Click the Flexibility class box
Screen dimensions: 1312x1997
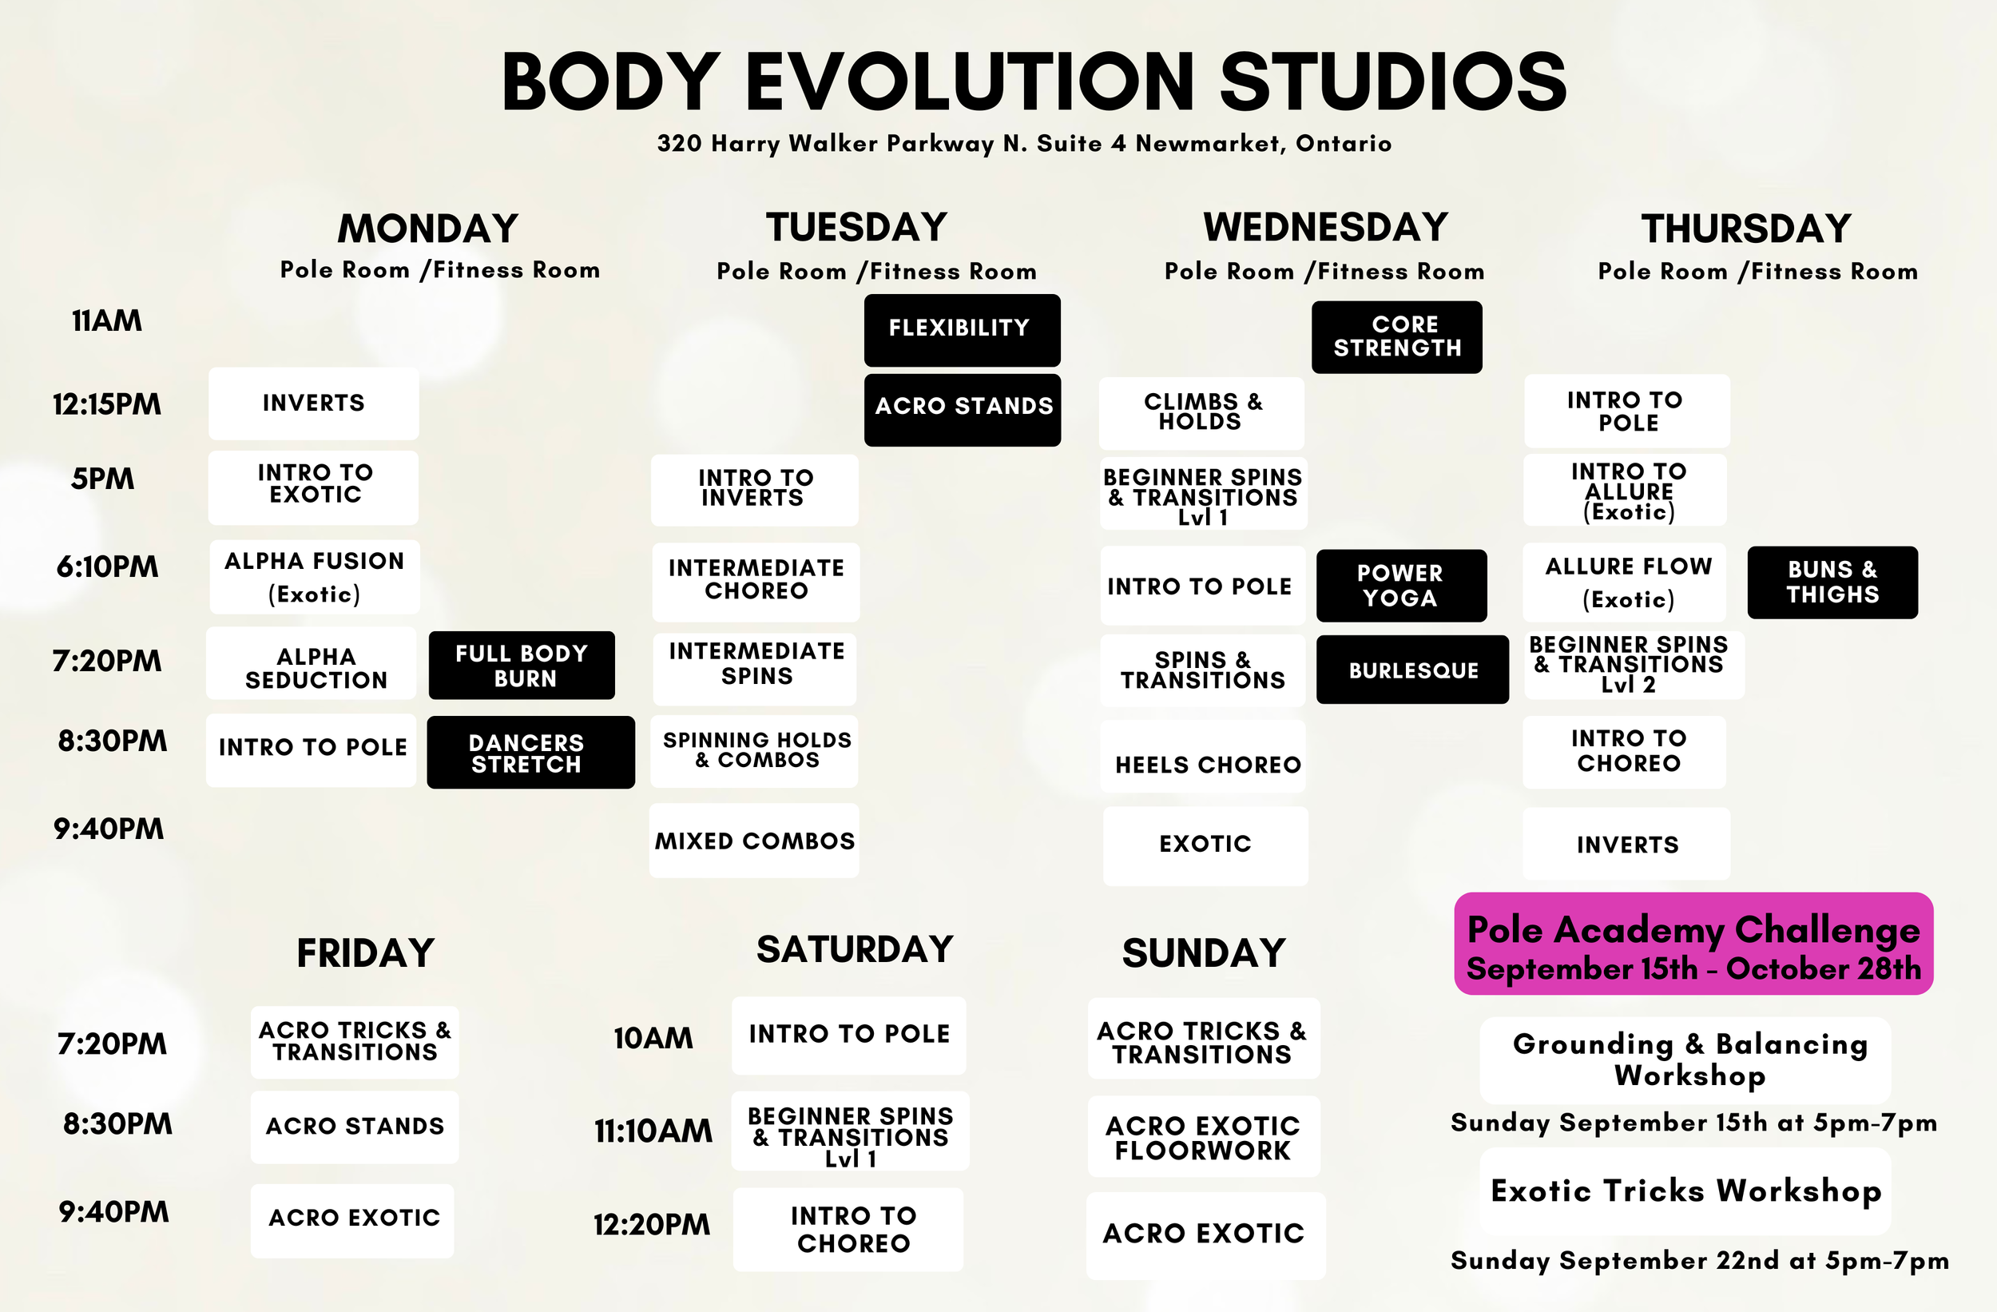962,329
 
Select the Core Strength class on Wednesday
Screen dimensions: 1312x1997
1396,336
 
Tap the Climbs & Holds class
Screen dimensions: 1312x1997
1201,412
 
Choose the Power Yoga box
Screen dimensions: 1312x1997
1400,585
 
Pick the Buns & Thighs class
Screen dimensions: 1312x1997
1832,582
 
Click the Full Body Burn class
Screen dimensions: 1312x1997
521,665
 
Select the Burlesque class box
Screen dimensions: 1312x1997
1412,670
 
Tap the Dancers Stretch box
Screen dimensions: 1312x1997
530,752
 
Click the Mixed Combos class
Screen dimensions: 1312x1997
753,841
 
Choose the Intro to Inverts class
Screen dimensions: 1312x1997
754,489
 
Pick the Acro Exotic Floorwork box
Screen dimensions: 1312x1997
1203,1136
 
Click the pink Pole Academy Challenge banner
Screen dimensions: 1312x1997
1693,944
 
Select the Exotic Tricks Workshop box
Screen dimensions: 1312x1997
1685,1191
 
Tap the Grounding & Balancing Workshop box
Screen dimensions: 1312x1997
1685,1060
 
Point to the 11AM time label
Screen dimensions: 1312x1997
106,320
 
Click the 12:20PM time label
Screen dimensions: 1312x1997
651,1225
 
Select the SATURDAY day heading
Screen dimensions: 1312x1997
854,949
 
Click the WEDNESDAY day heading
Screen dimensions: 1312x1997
1325,227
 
